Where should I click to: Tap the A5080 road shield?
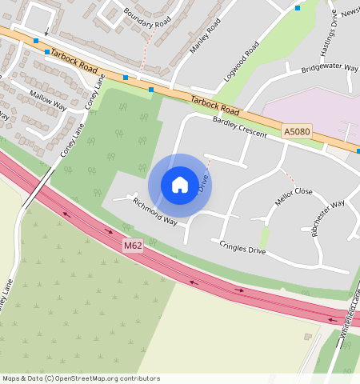tap(295, 130)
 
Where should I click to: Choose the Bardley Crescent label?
tap(240, 127)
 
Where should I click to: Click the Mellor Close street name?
tap(293, 196)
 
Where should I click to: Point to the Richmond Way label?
tap(154, 211)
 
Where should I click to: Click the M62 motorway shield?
tap(133, 245)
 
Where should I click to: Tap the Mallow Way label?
tap(48, 100)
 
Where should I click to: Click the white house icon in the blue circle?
tap(180, 185)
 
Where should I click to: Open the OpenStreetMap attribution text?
tap(80, 378)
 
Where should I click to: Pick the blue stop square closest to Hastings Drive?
tap(298, 8)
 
